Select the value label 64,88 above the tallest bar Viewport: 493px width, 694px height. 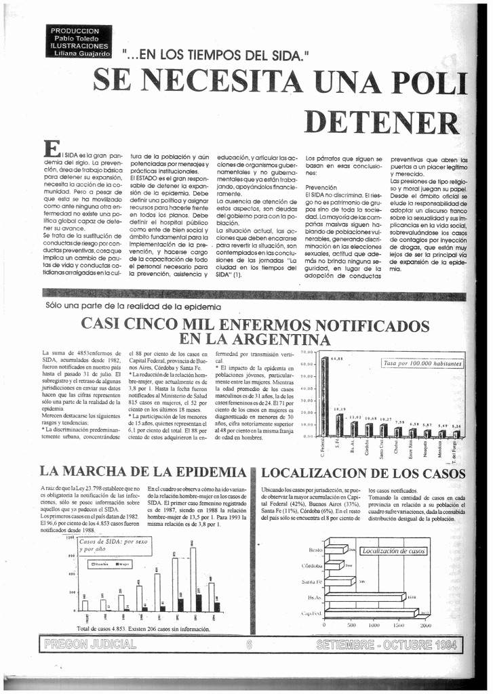pos(336,359)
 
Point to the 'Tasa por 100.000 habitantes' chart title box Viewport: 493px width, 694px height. pos(423,363)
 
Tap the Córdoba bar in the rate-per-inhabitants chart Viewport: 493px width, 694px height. pos(368,430)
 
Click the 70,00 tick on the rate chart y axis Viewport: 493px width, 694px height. pos(308,353)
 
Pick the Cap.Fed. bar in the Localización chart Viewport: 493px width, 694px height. pos(376,613)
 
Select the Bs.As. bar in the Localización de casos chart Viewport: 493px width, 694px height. pos(363,597)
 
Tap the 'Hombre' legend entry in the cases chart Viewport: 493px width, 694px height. pos(98,563)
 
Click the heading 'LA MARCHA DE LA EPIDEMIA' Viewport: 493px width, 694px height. pos(142,471)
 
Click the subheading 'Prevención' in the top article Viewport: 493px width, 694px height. pos(321,187)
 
